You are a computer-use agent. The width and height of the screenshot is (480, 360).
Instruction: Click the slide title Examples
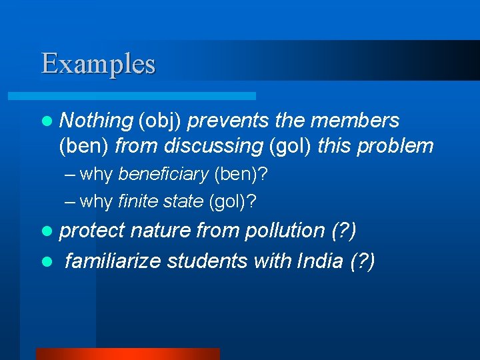(98, 64)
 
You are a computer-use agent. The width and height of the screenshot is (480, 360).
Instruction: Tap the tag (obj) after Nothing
(160, 121)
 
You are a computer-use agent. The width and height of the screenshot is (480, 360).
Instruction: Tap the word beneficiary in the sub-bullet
(164, 175)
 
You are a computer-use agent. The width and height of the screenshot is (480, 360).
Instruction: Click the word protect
(92, 231)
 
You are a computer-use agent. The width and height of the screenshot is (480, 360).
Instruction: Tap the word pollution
(285, 231)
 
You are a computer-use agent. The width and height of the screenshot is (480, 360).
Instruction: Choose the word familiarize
(113, 261)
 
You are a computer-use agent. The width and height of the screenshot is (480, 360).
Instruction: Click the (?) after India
(363, 261)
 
